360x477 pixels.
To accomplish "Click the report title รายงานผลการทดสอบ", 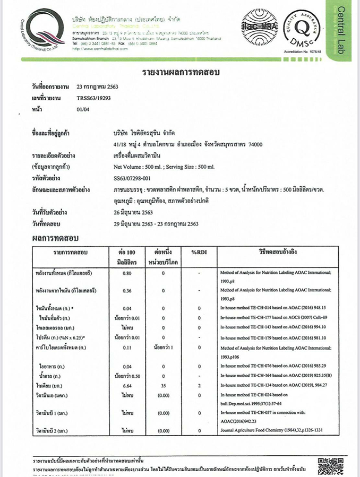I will pos(181,72).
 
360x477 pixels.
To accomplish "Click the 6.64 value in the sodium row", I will pos(127,385).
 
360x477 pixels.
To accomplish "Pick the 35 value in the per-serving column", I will pos(163,385).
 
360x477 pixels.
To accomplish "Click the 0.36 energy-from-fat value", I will pos(127,291).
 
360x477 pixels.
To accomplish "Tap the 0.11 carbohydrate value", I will pos(127,348).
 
